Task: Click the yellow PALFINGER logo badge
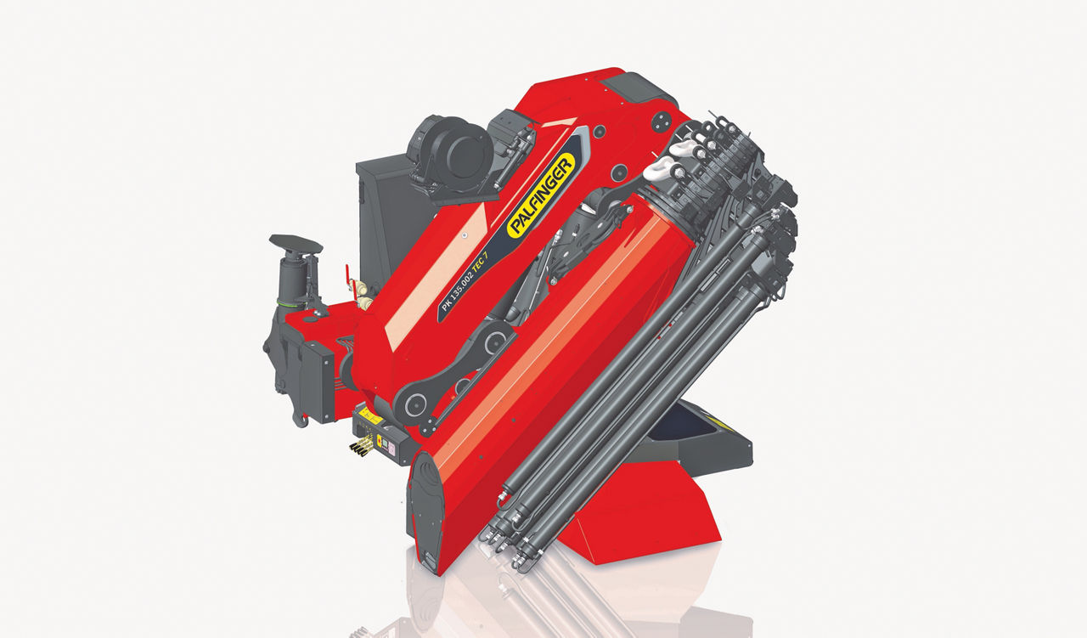point(541,195)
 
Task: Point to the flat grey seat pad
point(296,244)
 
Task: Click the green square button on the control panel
point(385,443)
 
